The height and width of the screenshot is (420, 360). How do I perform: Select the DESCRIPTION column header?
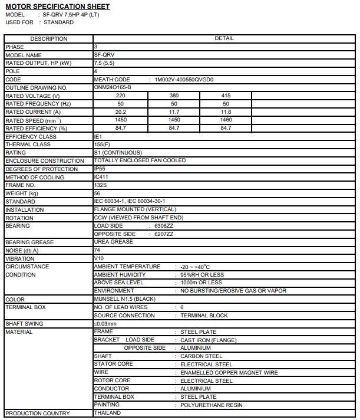pyautogui.click(x=48, y=39)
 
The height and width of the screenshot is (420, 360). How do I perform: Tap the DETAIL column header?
pyautogui.click(x=224, y=38)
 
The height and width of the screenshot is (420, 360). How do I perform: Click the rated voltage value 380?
pyautogui.click(x=174, y=96)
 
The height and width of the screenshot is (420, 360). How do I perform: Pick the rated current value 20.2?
pyautogui.click(x=121, y=111)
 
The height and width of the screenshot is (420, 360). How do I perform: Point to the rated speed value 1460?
pyautogui.click(x=226, y=120)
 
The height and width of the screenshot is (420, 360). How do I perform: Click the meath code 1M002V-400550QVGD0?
pyautogui.click(x=184, y=79)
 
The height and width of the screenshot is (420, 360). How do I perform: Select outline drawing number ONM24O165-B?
pyautogui.click(x=113, y=87)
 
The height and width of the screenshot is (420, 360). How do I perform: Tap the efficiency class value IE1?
pyautogui.click(x=98, y=136)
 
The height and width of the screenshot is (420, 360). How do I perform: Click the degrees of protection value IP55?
pyautogui.click(x=100, y=169)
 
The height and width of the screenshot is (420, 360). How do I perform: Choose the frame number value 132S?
pyautogui.click(x=101, y=185)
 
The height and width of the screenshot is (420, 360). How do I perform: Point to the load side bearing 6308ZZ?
pyautogui.click(x=164, y=226)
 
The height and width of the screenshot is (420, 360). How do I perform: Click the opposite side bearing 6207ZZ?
pyautogui.click(x=164, y=234)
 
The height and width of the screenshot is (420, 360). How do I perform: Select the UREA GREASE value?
pyautogui.click(x=114, y=242)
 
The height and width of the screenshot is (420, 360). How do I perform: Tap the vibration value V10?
pyautogui.click(x=99, y=258)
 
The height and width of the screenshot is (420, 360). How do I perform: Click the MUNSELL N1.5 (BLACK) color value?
pyautogui.click(x=124, y=299)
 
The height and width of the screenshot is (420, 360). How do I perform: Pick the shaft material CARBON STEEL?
pyautogui.click(x=202, y=356)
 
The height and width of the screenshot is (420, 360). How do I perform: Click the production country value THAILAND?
pyautogui.click(x=107, y=413)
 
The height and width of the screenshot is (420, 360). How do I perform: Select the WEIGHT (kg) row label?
pyautogui.click(x=21, y=193)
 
